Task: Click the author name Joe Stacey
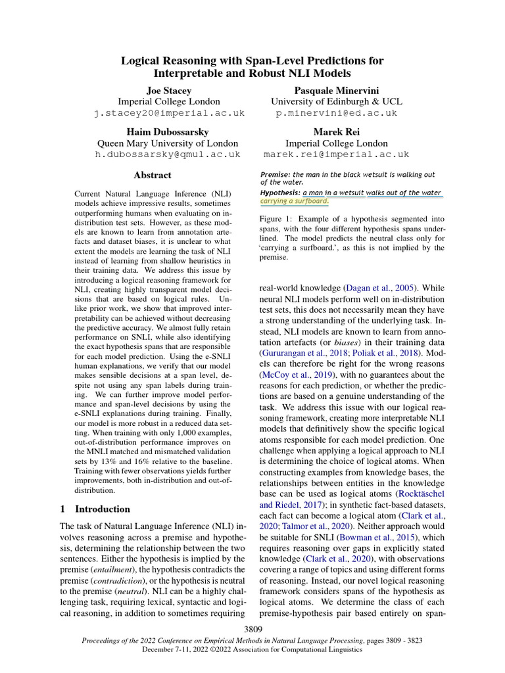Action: pos(168,90)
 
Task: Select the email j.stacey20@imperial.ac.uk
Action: pos(168,113)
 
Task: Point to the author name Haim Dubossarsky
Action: pos(168,131)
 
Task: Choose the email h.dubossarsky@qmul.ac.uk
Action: pos(168,154)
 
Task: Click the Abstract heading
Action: pos(153,175)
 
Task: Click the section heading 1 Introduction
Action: pos(95,509)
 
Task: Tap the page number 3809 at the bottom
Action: pos(252,630)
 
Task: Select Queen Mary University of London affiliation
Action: pos(168,143)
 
